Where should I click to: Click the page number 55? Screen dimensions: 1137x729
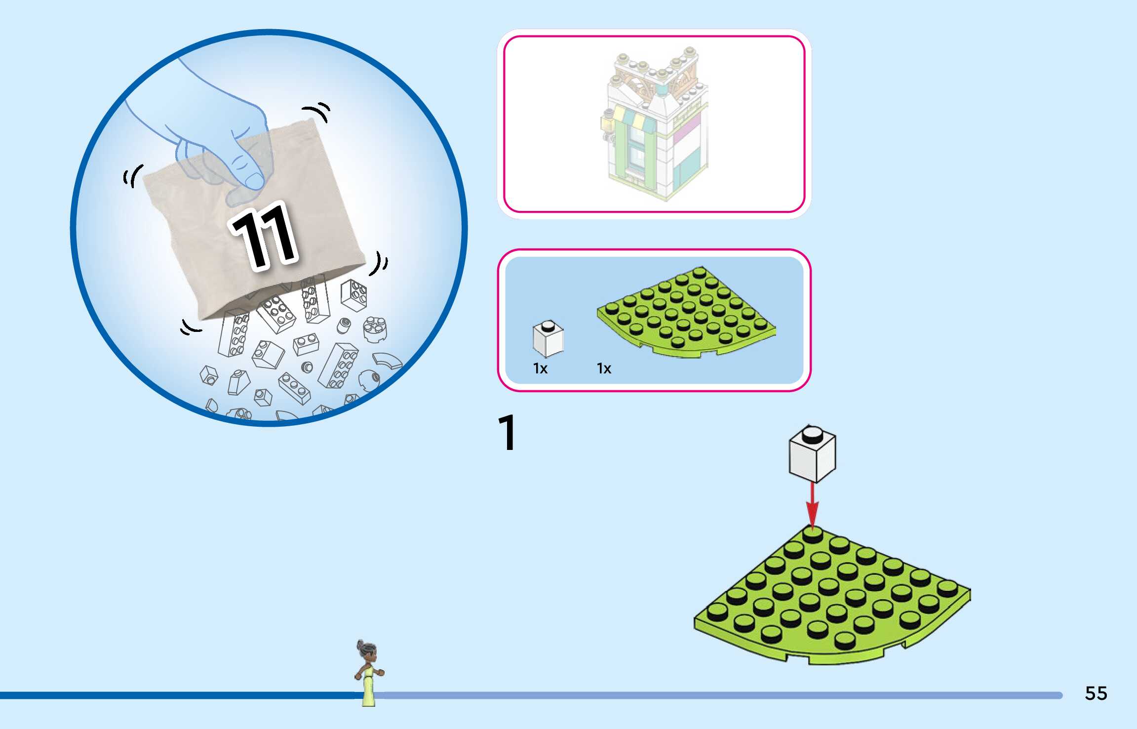(1096, 693)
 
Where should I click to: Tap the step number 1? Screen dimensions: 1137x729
(507, 433)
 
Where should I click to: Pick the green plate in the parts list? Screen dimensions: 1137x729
(686, 311)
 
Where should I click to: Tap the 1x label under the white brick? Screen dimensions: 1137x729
(540, 368)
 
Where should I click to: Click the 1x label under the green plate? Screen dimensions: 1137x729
(604, 368)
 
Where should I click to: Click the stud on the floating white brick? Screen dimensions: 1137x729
(812, 435)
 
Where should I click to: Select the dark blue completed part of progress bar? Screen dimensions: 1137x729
(178, 695)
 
